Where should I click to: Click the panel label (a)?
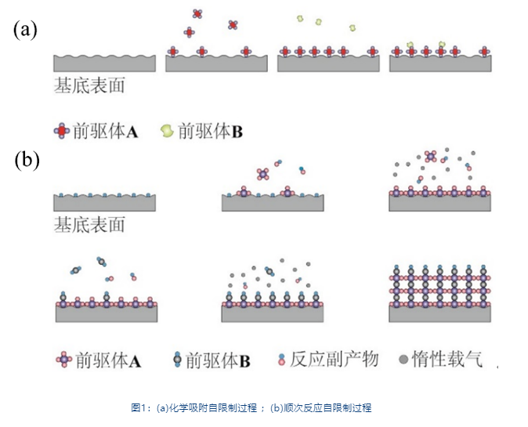(x=25, y=30)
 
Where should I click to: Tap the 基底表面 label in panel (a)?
(x=89, y=85)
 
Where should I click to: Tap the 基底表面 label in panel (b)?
(x=89, y=226)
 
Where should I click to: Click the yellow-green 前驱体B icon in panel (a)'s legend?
(x=166, y=131)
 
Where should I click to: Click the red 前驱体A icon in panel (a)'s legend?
(x=61, y=131)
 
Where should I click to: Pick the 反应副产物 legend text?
(x=334, y=360)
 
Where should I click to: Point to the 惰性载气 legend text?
(x=447, y=360)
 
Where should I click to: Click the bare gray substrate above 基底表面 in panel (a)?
(x=104, y=63)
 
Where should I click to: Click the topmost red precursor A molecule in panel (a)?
(x=197, y=13)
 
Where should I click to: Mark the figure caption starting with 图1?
(x=251, y=407)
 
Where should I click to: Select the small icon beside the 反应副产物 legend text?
(x=281, y=360)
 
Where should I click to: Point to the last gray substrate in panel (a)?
(x=440, y=63)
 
